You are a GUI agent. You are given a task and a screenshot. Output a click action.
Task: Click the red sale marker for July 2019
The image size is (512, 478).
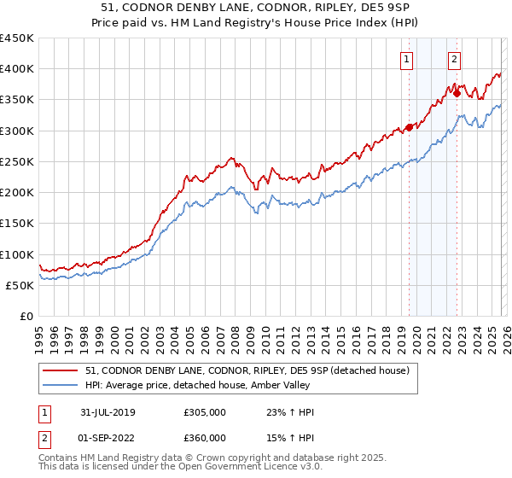click(x=409, y=127)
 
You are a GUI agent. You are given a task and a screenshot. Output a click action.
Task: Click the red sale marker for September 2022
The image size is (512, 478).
click(x=457, y=93)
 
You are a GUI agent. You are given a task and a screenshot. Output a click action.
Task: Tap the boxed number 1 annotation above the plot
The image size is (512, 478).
click(x=406, y=59)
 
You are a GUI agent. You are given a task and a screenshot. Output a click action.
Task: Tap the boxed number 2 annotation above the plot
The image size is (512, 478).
click(x=454, y=59)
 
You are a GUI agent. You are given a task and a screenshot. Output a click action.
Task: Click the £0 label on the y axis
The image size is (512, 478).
click(x=26, y=317)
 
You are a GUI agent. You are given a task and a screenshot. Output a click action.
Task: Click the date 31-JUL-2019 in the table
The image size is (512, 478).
click(x=105, y=412)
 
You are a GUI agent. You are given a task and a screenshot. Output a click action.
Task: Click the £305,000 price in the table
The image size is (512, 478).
click(x=204, y=412)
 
